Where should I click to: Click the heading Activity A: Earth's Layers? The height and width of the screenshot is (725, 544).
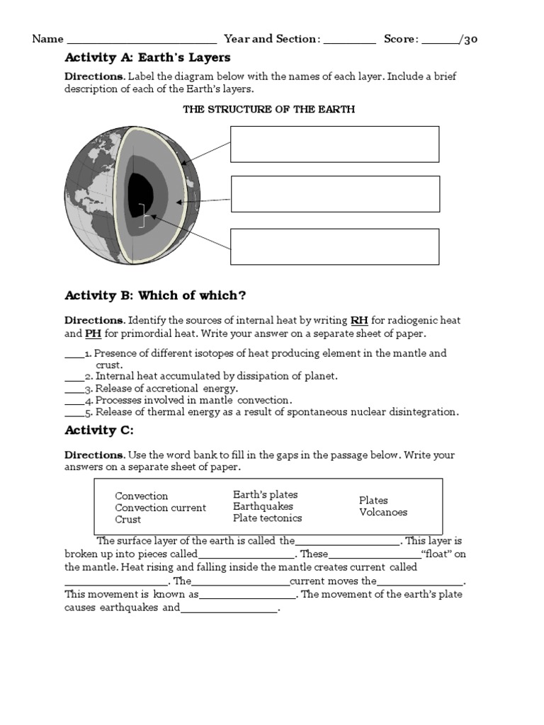click(147, 57)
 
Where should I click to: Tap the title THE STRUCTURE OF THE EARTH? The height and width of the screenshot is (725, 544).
click(268, 109)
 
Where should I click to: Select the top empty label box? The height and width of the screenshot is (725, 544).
click(334, 144)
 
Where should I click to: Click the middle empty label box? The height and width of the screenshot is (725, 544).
click(335, 194)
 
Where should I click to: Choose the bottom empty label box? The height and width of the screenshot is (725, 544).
click(334, 246)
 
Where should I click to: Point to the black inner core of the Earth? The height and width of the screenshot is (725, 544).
click(140, 190)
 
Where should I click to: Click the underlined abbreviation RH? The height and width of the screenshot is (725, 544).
click(359, 320)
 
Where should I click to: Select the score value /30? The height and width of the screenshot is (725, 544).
click(470, 39)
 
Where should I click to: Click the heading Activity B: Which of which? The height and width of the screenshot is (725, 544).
click(155, 295)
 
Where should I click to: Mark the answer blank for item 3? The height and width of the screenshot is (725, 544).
click(74, 389)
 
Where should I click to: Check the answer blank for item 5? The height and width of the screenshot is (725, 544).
click(74, 412)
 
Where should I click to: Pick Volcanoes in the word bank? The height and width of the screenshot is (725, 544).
click(383, 512)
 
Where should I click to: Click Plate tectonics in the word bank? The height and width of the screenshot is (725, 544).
click(267, 518)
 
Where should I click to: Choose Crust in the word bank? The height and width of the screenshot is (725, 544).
click(128, 519)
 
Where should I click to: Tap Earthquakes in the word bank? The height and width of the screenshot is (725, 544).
click(263, 506)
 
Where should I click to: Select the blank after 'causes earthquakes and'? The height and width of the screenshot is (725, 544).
click(229, 608)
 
